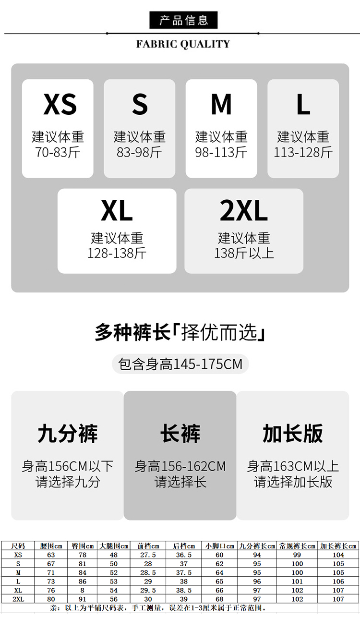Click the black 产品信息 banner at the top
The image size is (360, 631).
coord(183,20)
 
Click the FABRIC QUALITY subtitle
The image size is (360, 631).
coord(183,44)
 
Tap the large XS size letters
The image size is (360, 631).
coord(60,105)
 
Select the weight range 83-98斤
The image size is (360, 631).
coord(139,152)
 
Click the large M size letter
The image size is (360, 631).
coord(221,105)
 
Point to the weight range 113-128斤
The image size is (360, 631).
coord(303,152)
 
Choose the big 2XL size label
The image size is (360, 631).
coord(244,210)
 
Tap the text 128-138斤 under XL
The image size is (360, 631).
coord(117,253)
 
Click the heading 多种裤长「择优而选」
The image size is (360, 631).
coord(180,332)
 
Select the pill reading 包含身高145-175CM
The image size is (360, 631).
coord(180,364)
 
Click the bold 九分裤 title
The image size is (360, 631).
coord(68,433)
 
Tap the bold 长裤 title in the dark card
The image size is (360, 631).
coord(180,433)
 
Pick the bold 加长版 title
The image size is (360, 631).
coord(293,433)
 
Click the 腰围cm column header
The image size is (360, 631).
coord(51,546)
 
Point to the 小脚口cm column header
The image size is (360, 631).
coord(219,546)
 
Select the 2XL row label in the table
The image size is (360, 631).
coord(18,599)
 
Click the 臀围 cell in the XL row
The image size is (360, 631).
coord(82,590)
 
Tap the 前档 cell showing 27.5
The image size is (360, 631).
coord(148,555)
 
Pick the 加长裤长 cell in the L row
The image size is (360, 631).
coord(338,582)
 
